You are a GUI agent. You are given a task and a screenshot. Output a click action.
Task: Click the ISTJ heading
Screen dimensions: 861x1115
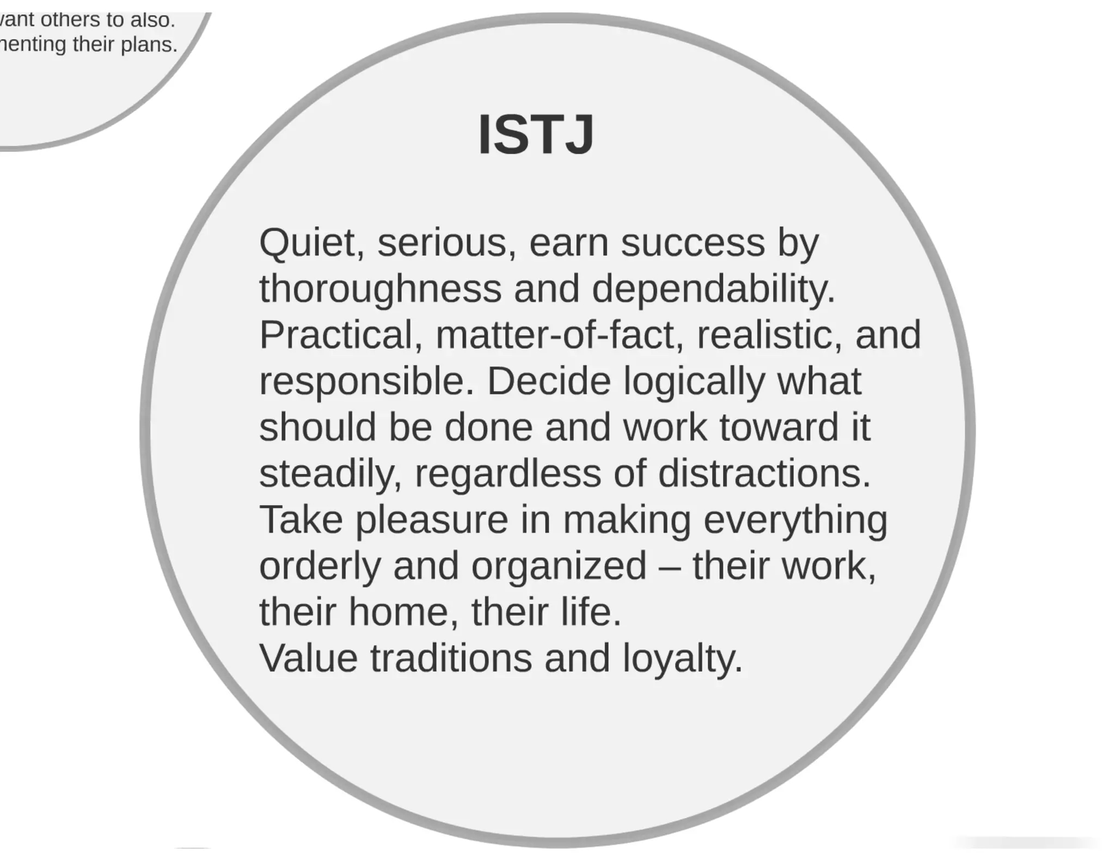(536, 135)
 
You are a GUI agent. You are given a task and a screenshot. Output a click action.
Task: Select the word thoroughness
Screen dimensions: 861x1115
(380, 289)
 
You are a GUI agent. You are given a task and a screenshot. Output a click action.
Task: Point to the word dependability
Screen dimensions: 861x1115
(713, 289)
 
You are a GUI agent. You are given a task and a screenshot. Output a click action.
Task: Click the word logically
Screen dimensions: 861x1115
(694, 382)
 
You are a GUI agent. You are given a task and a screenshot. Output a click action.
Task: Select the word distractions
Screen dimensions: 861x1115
(764, 473)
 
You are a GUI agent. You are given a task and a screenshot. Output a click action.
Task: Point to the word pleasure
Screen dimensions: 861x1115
(432, 520)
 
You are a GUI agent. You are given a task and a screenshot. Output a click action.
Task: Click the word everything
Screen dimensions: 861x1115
(795, 520)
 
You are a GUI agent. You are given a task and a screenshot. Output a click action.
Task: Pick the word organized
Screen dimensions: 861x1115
(559, 567)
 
